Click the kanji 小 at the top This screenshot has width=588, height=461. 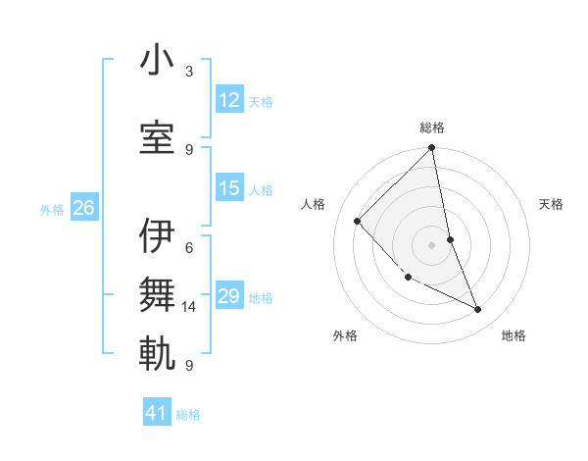click(x=157, y=61)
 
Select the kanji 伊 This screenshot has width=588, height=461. click(x=157, y=235)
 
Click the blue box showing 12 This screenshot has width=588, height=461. click(x=229, y=100)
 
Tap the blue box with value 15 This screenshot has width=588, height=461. click(x=229, y=189)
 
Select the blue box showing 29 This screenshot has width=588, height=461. click(x=229, y=296)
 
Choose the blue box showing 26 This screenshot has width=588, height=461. click(x=83, y=208)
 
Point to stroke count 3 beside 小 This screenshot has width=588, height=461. click(x=188, y=71)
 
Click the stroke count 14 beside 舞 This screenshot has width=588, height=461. click(x=188, y=307)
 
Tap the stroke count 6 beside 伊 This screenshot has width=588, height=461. click(x=188, y=248)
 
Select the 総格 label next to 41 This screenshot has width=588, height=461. click(x=188, y=415)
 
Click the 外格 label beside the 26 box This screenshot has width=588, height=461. click(x=52, y=209)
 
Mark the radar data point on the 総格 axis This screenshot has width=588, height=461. click(x=432, y=149)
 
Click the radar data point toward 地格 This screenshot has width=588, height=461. click(x=478, y=310)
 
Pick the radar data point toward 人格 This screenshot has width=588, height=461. click(x=358, y=221)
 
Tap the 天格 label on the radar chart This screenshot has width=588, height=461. click(x=552, y=204)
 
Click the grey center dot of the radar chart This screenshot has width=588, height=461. click(x=432, y=245)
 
